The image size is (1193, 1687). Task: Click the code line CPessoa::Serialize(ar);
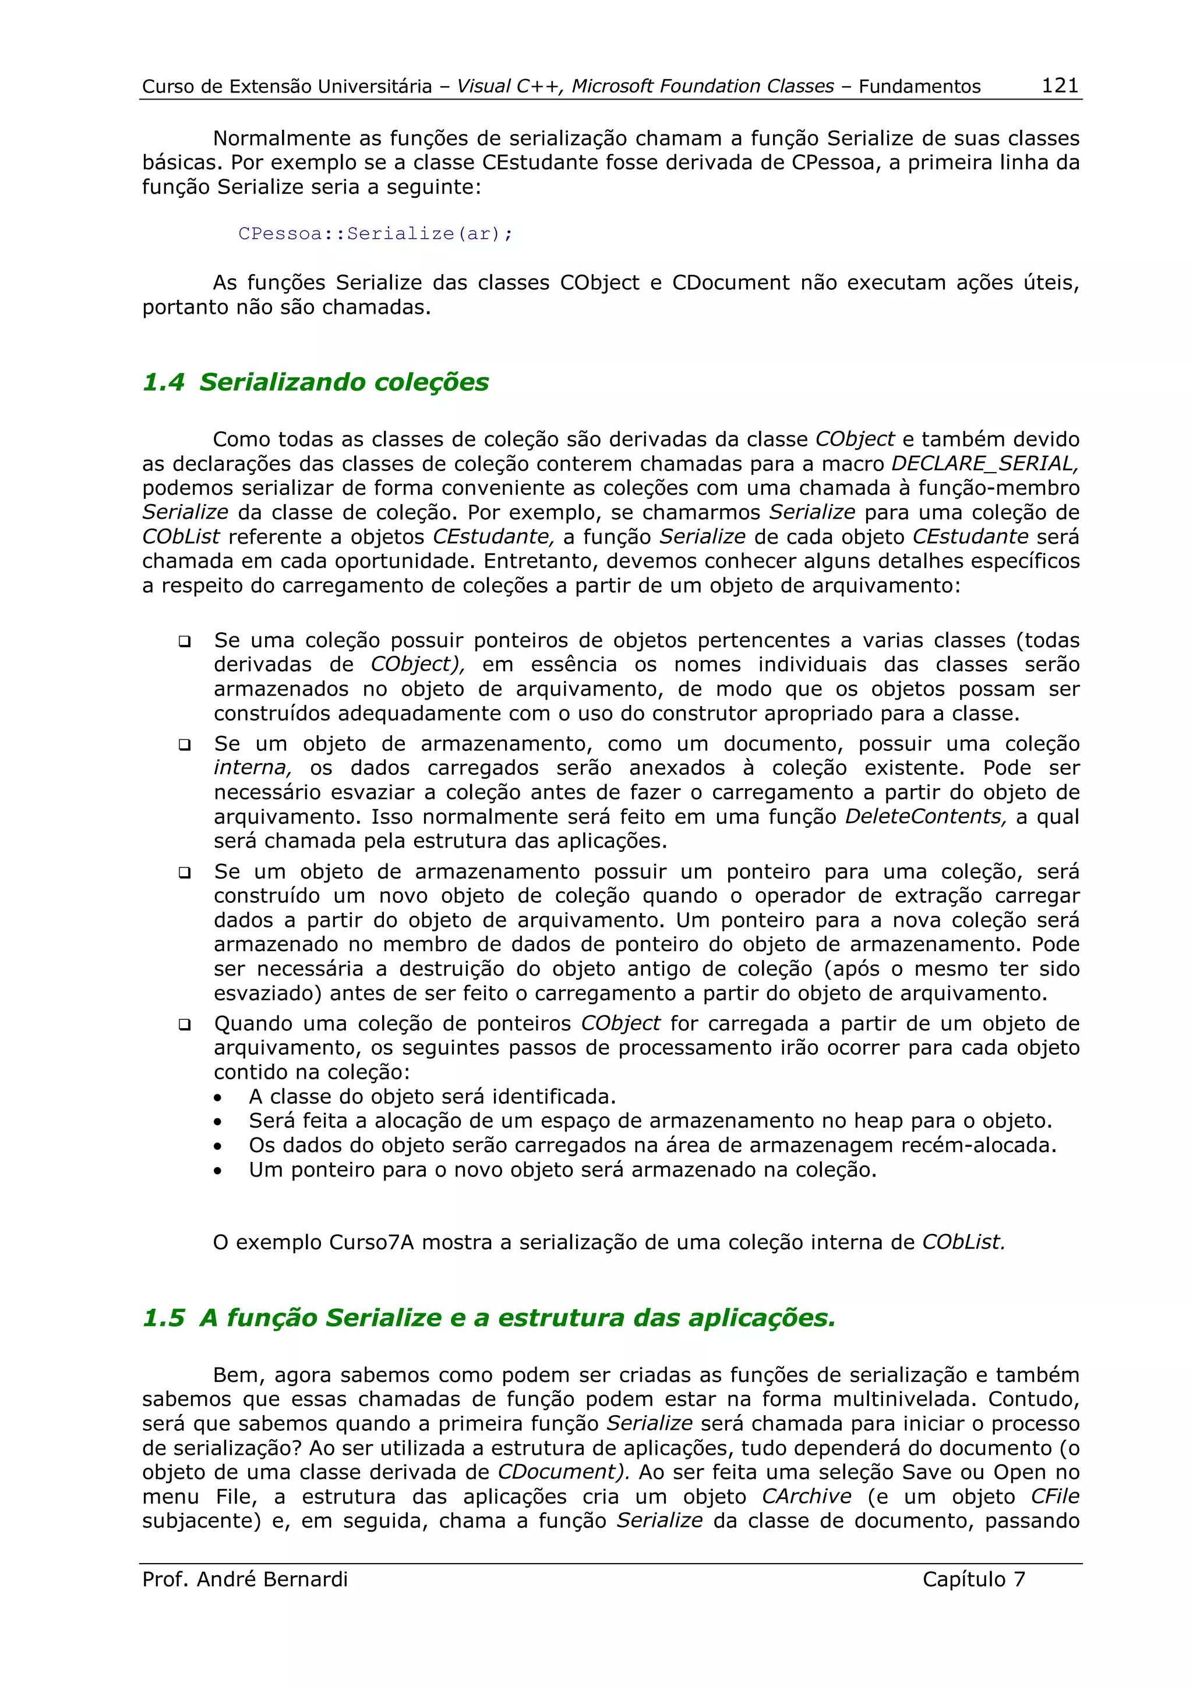[x=375, y=233]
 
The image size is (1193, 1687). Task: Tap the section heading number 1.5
[x=163, y=1317]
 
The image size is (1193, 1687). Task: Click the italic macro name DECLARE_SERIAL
[x=983, y=463]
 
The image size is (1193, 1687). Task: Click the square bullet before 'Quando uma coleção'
[x=185, y=1025]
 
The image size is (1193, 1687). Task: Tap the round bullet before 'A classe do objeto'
[x=218, y=1098]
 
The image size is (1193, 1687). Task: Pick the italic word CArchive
[x=806, y=1497]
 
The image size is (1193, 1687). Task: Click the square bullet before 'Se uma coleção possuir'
[x=185, y=642]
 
